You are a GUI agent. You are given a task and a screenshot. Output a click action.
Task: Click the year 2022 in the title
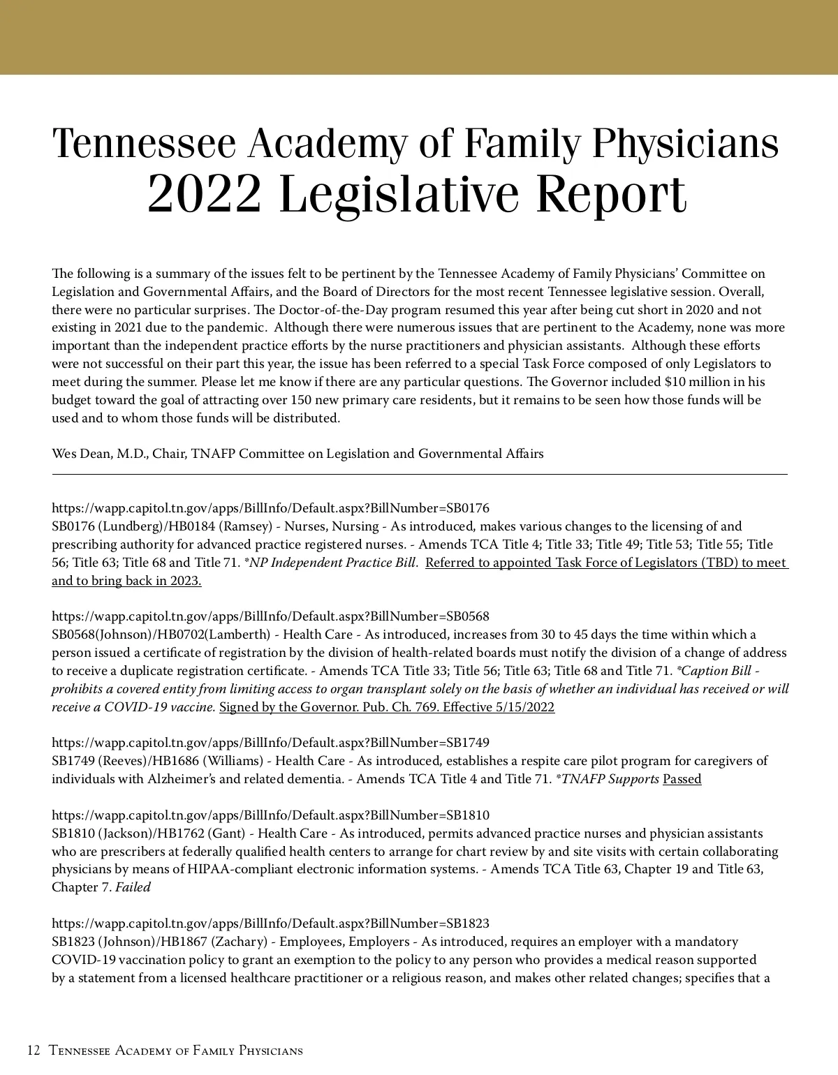pos(205,194)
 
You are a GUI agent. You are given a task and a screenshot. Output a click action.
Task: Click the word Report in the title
pos(611,194)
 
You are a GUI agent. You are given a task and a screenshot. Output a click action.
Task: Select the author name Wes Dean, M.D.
pos(98,454)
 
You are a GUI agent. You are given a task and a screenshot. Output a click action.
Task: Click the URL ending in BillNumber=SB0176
pos(270,508)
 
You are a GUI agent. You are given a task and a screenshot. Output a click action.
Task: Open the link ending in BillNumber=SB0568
pos(270,616)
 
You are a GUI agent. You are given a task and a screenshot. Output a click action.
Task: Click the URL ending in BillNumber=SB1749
pos(270,743)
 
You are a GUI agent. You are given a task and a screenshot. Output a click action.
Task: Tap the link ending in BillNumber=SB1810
pos(270,815)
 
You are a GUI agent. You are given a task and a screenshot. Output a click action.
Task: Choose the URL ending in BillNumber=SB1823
pos(270,924)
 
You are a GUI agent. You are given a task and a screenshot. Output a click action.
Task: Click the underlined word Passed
pos(682,779)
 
